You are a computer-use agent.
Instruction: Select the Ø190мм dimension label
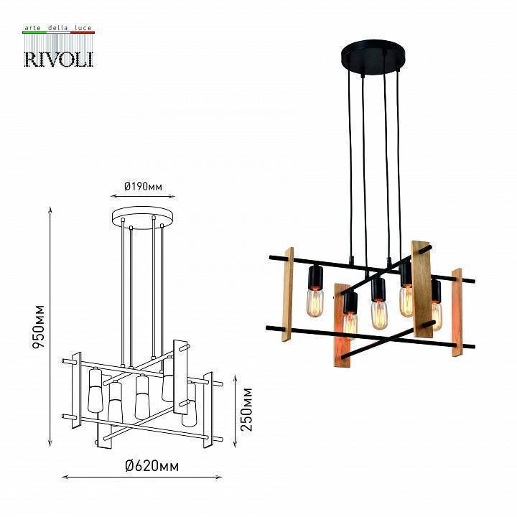point(143,186)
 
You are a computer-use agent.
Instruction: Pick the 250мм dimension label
point(246,409)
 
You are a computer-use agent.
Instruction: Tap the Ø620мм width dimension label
point(152,466)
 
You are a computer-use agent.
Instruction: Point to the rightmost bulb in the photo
point(437,315)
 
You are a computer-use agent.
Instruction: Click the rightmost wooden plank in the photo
point(457,312)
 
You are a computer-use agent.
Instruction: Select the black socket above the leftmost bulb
point(315,276)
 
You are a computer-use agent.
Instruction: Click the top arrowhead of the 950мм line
point(50,210)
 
